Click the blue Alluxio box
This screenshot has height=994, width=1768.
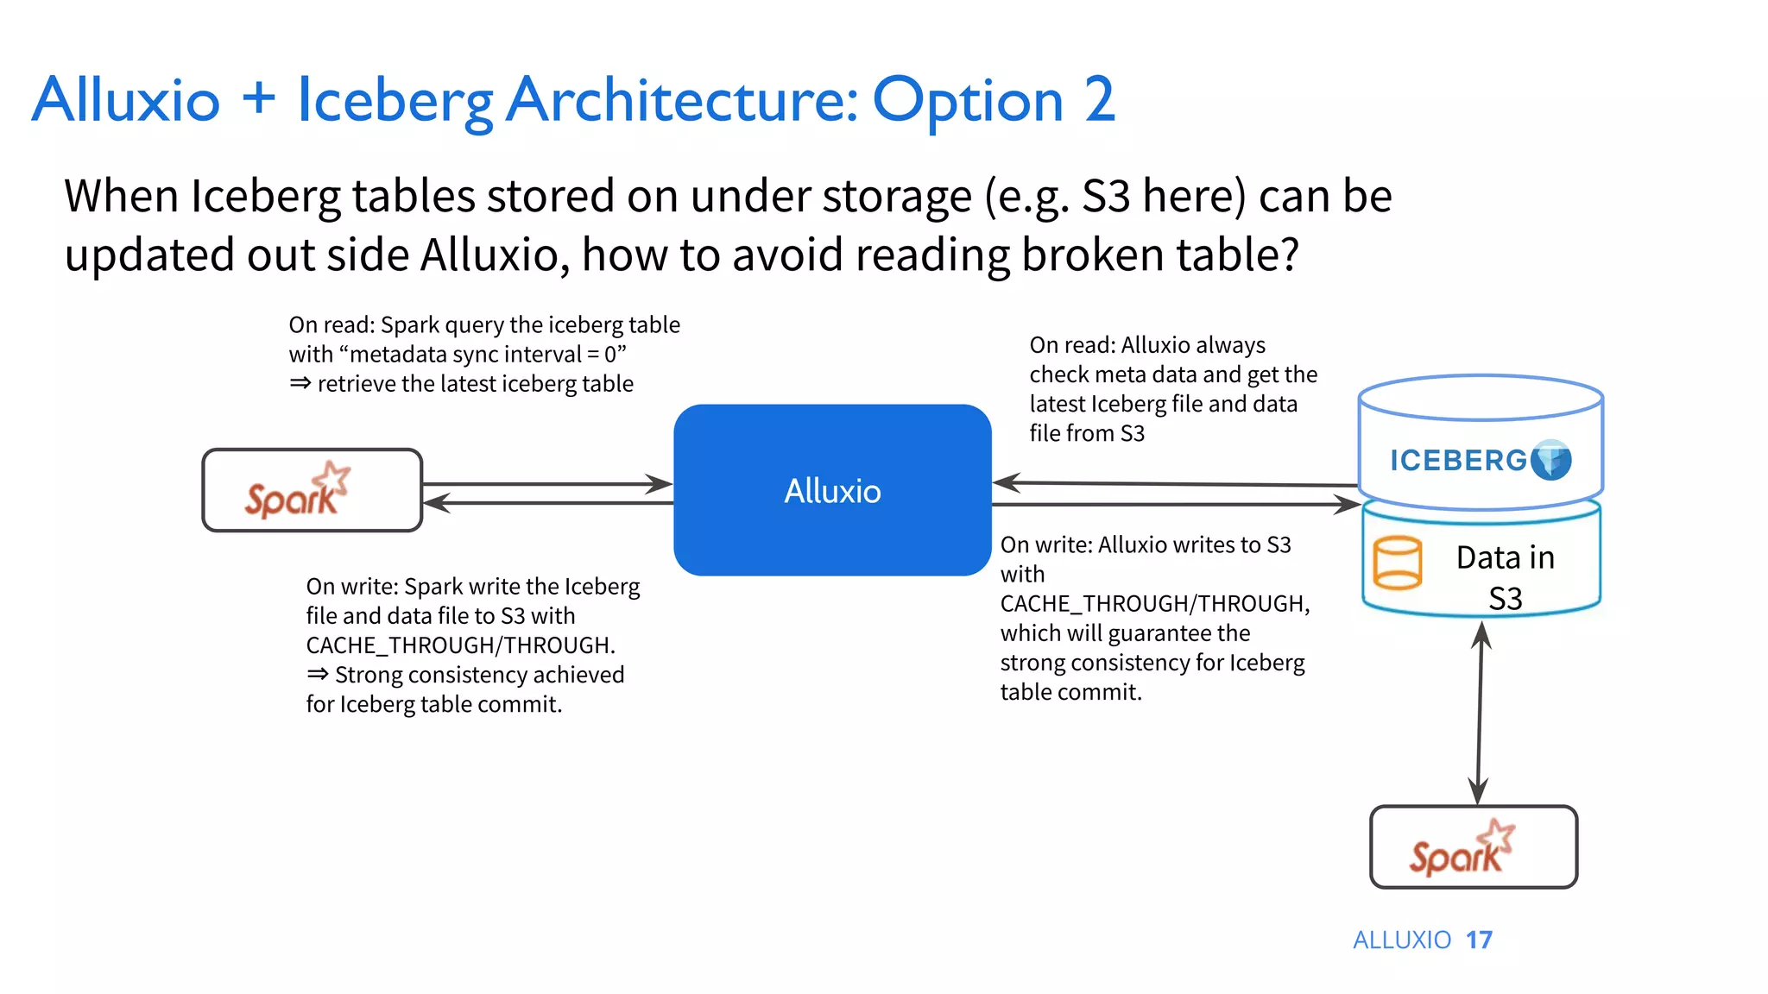pos(832,490)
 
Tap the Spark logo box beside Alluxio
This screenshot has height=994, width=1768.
pos(312,490)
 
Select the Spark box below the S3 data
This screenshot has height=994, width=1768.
pos(1474,847)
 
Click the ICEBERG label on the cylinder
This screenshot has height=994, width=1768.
pos(1458,461)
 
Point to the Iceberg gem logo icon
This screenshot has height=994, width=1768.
pos(1551,460)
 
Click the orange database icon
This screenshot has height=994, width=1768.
pos(1397,563)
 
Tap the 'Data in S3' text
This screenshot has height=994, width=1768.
pos(1505,577)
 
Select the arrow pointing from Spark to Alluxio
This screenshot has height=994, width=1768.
pos(547,484)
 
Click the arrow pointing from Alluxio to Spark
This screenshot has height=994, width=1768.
pos(547,503)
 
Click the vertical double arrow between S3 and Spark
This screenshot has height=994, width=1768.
pos(1480,714)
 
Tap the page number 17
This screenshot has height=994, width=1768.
pos(1479,940)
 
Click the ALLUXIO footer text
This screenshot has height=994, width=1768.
pos(1402,940)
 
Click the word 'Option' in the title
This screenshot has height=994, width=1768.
pos(968,102)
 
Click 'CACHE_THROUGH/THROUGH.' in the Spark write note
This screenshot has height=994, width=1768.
pos(460,645)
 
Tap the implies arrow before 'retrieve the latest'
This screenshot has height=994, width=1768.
pos(300,383)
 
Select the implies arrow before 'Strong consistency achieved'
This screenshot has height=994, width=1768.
pos(317,674)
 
